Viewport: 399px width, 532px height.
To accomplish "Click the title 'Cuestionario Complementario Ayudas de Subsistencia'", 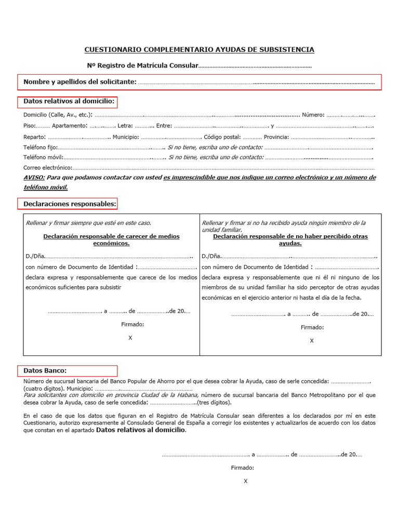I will click(199, 50).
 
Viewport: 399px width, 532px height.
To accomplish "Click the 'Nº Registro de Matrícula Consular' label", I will click(142, 66).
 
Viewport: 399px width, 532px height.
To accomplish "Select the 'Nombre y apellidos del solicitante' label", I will click(80, 82).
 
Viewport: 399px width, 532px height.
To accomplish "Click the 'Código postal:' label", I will click(222, 137).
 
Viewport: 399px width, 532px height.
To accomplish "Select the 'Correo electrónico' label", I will click(47, 168).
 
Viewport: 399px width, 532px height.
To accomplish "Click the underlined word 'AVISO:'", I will click(34, 178).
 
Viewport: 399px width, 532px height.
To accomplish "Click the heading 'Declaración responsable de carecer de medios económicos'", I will click(111, 240).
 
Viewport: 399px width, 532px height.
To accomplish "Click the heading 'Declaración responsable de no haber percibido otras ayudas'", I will click(290, 240).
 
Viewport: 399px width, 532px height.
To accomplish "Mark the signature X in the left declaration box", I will click(130, 338).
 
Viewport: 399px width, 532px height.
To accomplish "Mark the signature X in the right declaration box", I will click(312, 341).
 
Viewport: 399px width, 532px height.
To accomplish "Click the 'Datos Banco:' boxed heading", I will click(45, 370).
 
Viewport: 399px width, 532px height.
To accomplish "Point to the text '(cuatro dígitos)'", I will click(42, 389).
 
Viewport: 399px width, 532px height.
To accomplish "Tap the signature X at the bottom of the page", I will click(246, 481).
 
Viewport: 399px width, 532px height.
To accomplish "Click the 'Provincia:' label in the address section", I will click(276, 137).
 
